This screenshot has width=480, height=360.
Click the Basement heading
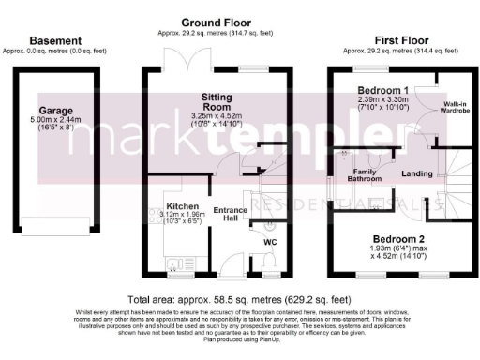click(x=55, y=40)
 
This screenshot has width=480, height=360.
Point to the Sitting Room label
click(x=221, y=101)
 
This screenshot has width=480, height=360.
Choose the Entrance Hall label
click(x=230, y=215)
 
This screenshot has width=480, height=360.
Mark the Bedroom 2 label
click(x=396, y=239)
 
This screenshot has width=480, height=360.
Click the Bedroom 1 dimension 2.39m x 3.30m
click(x=384, y=103)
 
